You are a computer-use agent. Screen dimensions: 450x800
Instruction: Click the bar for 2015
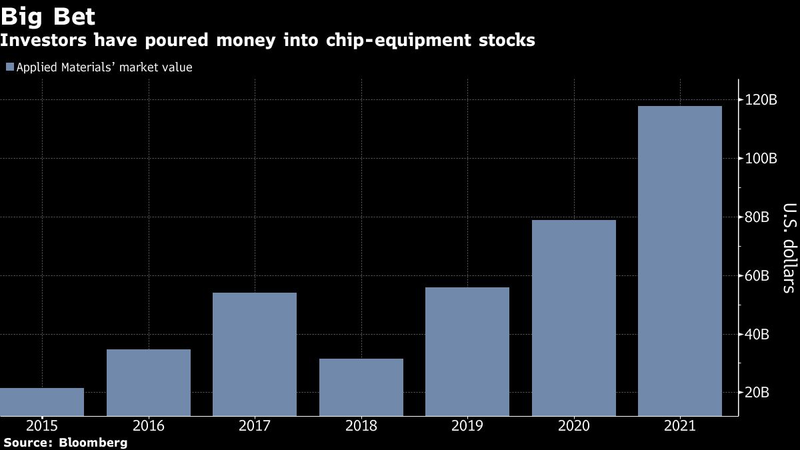pyautogui.click(x=42, y=402)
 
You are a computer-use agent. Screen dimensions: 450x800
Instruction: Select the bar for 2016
pyautogui.click(x=149, y=383)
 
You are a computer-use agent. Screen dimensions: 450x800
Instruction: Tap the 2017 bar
pyautogui.click(x=255, y=354)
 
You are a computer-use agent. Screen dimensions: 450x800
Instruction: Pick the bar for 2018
pyautogui.click(x=361, y=387)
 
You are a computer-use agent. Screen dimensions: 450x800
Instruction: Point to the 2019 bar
pyautogui.click(x=467, y=351)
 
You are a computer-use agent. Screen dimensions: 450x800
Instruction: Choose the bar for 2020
pyautogui.click(x=574, y=318)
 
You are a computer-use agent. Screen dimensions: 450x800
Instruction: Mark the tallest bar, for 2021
pyautogui.click(x=680, y=261)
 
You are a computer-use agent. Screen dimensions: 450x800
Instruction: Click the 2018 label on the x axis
pyautogui.click(x=361, y=425)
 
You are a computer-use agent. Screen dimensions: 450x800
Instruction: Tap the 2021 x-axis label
pyautogui.click(x=680, y=425)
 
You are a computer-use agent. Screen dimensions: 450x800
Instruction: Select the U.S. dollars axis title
pyautogui.click(x=787, y=247)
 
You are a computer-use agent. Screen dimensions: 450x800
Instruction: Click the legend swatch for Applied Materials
pyautogui.click(x=9, y=67)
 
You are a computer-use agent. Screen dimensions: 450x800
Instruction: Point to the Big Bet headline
pyautogui.click(x=48, y=16)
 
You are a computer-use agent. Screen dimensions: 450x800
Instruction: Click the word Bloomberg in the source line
pyautogui.click(x=93, y=442)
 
